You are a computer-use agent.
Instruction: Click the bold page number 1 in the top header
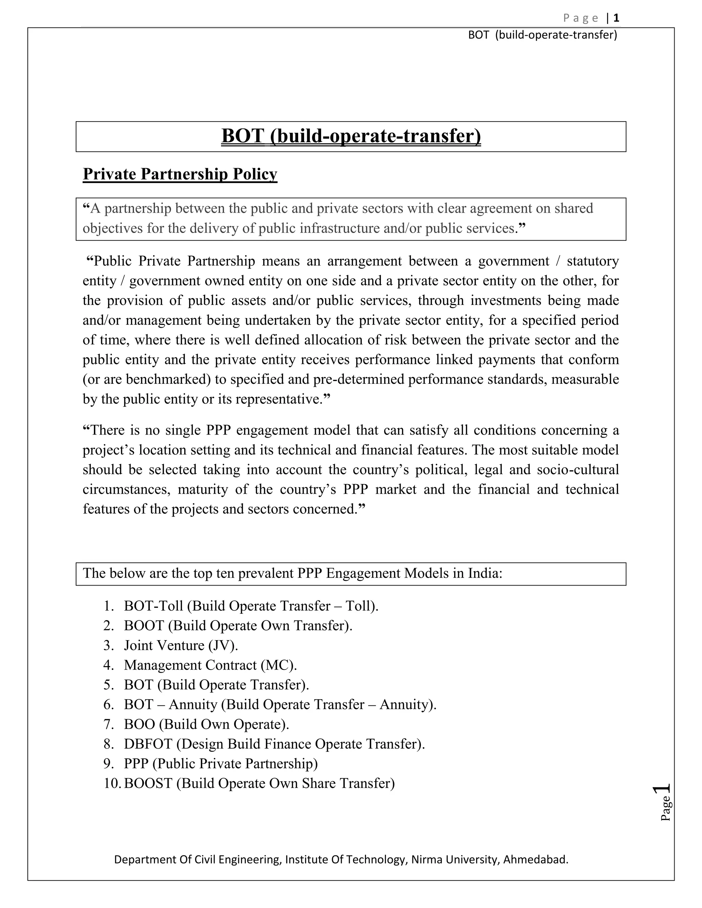pyautogui.click(x=616, y=18)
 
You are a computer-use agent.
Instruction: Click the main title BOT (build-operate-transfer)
pyautogui.click(x=351, y=136)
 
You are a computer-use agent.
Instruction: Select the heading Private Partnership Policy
pyautogui.click(x=180, y=174)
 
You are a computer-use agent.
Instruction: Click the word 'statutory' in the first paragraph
pyautogui.click(x=593, y=261)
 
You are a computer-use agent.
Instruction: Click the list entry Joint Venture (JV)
pyautogui.click(x=181, y=645)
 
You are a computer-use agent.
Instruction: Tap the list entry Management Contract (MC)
pyautogui.click(x=210, y=665)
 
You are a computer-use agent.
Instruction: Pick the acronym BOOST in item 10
pyautogui.click(x=148, y=783)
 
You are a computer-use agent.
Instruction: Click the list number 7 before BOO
pyautogui.click(x=109, y=724)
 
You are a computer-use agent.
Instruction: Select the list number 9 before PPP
pyautogui.click(x=109, y=764)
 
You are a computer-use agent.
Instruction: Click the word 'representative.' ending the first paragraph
pyautogui.click(x=279, y=399)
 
